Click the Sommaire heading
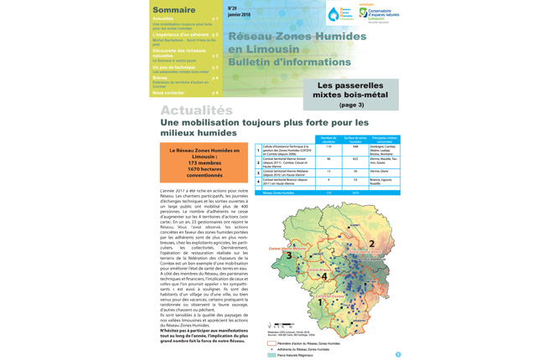(x=174, y=9)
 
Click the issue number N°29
(x=233, y=8)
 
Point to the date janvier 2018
(x=239, y=14)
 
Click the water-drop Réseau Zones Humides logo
(x=339, y=14)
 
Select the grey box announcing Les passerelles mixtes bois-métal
(x=351, y=95)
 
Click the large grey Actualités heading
(x=196, y=111)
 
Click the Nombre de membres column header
(x=328, y=139)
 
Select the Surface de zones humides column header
(x=356, y=139)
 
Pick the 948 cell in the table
(x=356, y=147)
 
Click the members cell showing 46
(x=328, y=158)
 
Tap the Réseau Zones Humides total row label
(x=282, y=193)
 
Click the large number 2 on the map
(x=371, y=244)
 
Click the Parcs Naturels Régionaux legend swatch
(x=272, y=355)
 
